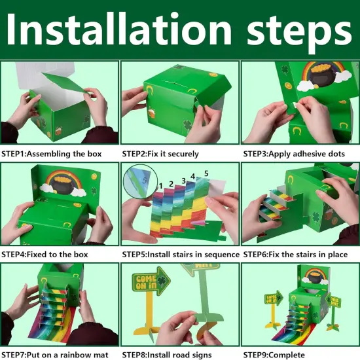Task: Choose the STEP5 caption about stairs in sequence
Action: click(181, 255)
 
